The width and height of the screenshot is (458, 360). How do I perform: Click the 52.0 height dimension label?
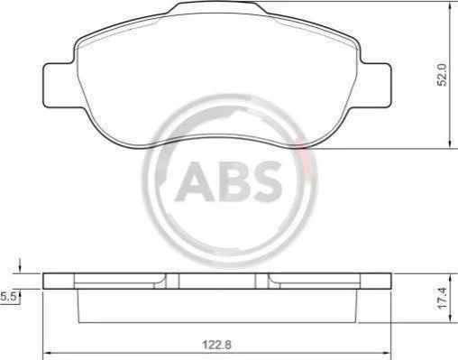click(x=442, y=75)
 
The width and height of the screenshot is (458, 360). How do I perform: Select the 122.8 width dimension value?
click(x=216, y=345)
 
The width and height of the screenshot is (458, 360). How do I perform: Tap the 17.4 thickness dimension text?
click(x=443, y=298)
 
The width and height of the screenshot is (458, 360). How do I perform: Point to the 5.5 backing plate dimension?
click(x=8, y=297)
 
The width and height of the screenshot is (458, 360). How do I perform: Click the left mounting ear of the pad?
click(x=60, y=86)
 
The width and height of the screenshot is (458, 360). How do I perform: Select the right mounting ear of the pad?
click(x=376, y=86)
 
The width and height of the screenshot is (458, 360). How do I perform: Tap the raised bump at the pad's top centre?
click(x=217, y=7)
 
